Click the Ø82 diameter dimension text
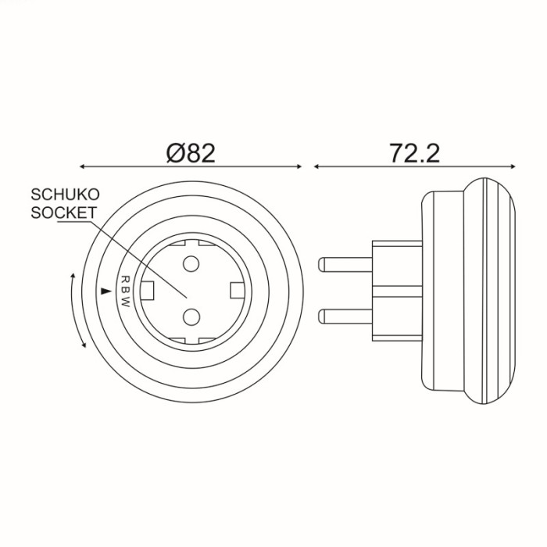click(x=191, y=153)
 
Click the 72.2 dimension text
click(x=415, y=153)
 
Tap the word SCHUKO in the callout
click(x=65, y=195)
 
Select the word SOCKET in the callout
click(x=63, y=213)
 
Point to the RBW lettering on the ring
click(x=125, y=291)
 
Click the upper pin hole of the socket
click(x=191, y=264)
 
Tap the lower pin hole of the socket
click(x=191, y=316)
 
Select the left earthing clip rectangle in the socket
click(x=147, y=290)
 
